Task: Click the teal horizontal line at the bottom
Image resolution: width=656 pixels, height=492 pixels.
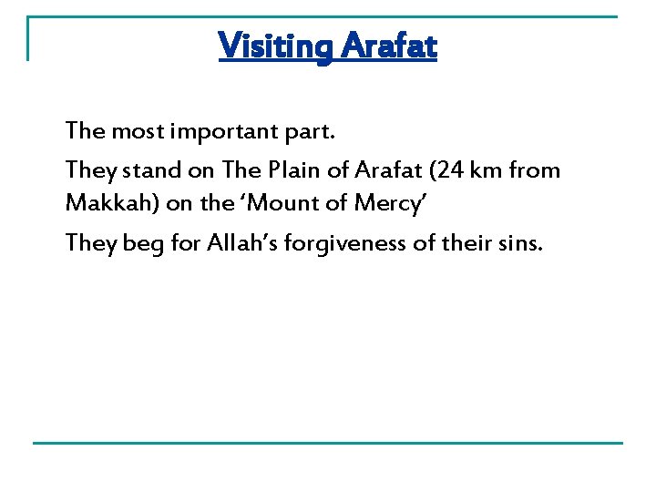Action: pos(328,444)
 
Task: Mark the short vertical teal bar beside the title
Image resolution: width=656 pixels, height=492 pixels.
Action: pos(27,38)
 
